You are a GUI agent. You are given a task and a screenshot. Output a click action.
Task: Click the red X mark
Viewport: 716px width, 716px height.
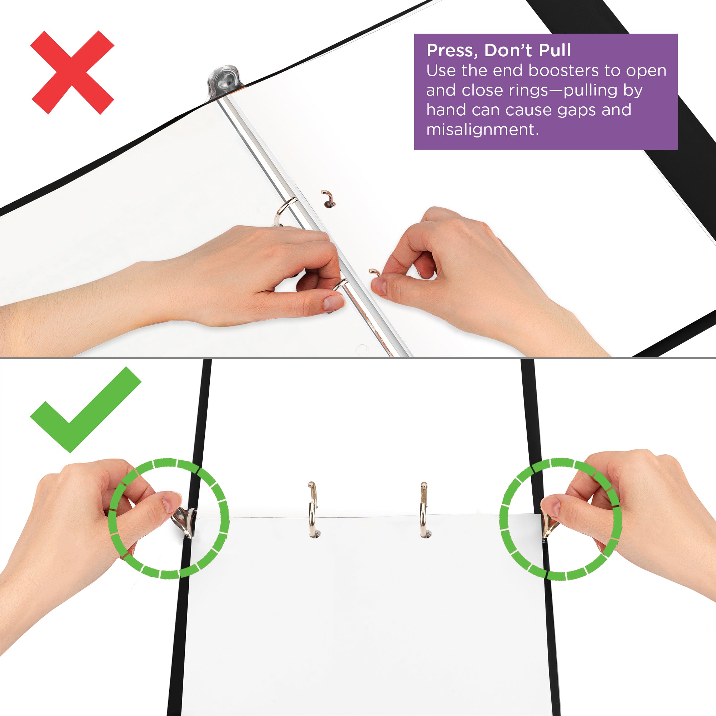point(72,72)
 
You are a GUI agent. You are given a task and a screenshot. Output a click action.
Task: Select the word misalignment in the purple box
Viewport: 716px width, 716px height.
point(482,130)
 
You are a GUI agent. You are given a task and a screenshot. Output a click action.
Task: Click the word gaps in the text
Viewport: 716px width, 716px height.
point(576,110)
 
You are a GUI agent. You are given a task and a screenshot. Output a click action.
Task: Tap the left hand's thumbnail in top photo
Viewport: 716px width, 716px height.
point(333,302)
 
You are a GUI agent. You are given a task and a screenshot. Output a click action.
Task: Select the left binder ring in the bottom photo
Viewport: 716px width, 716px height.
point(313,509)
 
